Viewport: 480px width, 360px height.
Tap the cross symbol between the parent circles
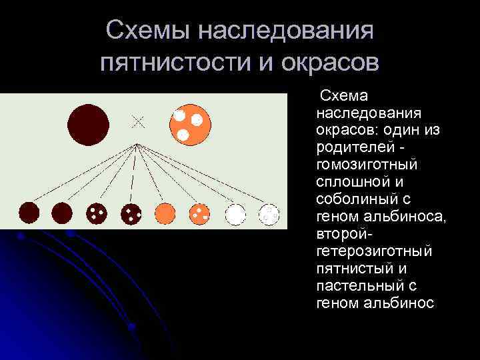coord(138,121)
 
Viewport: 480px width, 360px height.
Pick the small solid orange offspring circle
coord(165,213)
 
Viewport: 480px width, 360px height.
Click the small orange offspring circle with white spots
coord(199,213)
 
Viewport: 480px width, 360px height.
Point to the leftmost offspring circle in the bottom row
coord(29,213)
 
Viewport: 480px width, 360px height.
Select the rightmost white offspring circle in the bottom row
coord(269,213)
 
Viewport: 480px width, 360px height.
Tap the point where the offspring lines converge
coord(137,143)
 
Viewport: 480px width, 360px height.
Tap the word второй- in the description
coord(343,233)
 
